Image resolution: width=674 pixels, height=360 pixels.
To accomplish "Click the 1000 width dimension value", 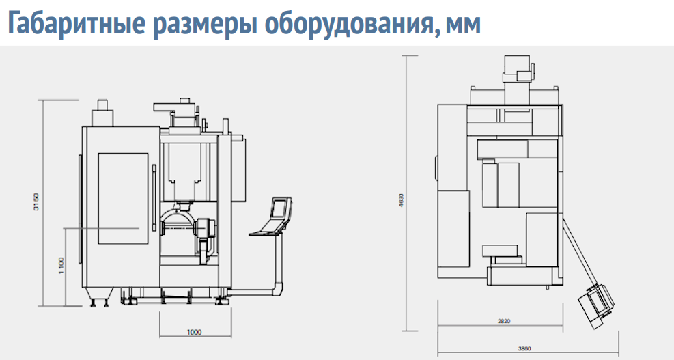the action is click(195, 332).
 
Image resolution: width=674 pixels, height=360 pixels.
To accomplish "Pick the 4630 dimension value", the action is click(402, 200).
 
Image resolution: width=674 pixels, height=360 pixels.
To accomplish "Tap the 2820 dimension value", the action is click(504, 321).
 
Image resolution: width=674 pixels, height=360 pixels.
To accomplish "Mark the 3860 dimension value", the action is click(524, 349).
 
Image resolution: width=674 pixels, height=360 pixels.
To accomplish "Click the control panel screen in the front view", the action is click(279, 208).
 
